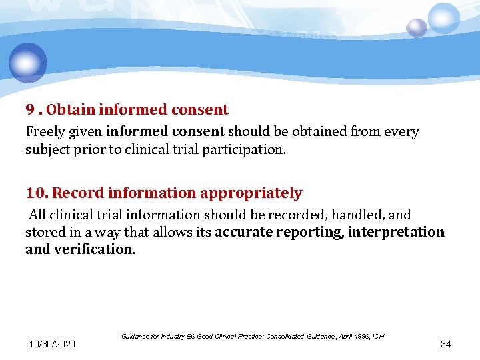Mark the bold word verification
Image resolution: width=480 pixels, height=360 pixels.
click(96, 249)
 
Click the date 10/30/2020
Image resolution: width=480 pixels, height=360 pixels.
click(52, 344)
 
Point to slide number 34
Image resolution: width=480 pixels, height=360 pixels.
click(446, 344)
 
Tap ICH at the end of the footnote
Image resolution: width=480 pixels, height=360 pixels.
click(378, 337)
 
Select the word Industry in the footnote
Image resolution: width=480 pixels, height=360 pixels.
click(168, 337)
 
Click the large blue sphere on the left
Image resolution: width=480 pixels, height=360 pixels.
click(28, 63)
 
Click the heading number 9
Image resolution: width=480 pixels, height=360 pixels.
click(30, 109)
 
